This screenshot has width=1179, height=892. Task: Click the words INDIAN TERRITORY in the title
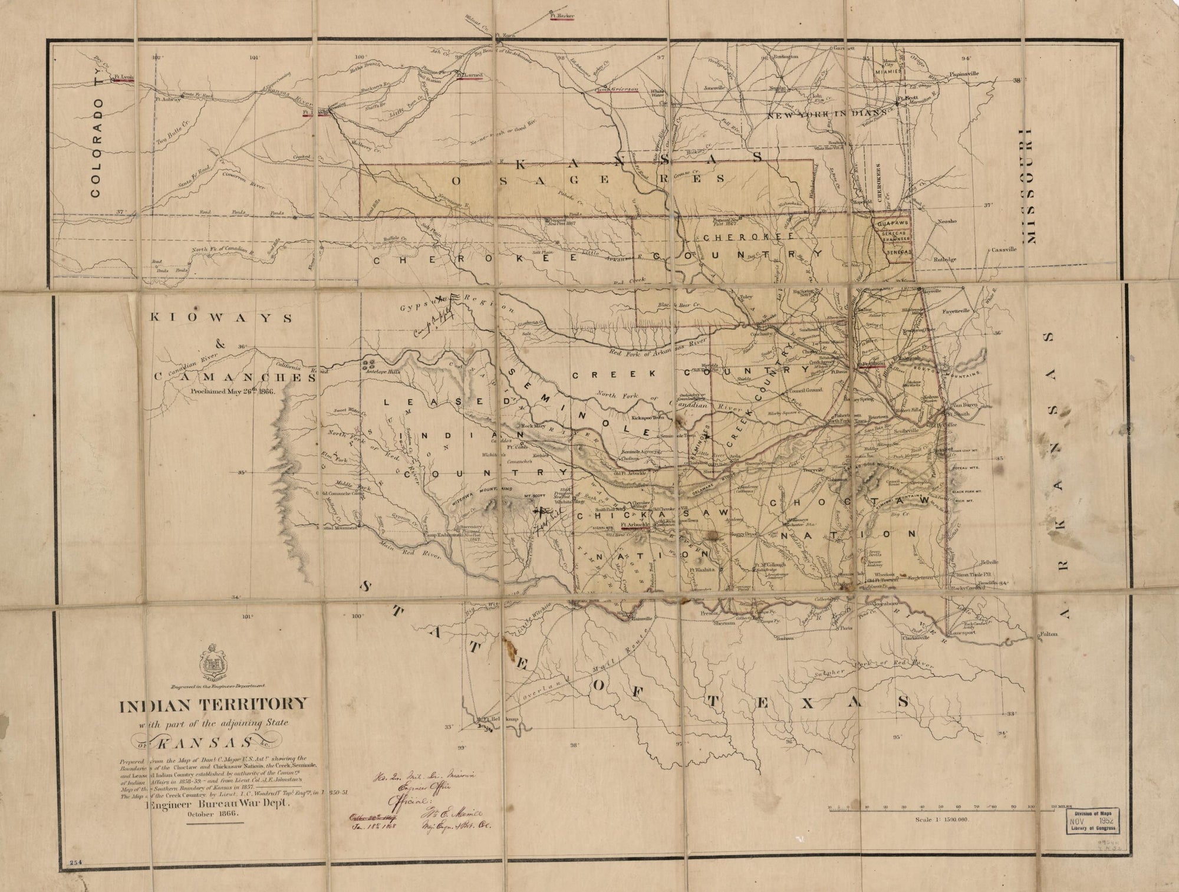coord(213,705)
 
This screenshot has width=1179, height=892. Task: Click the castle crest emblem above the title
coord(213,663)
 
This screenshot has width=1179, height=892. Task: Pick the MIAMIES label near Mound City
coord(888,71)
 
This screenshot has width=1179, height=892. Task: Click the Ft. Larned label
coord(470,76)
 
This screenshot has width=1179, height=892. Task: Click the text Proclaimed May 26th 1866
coord(233,390)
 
